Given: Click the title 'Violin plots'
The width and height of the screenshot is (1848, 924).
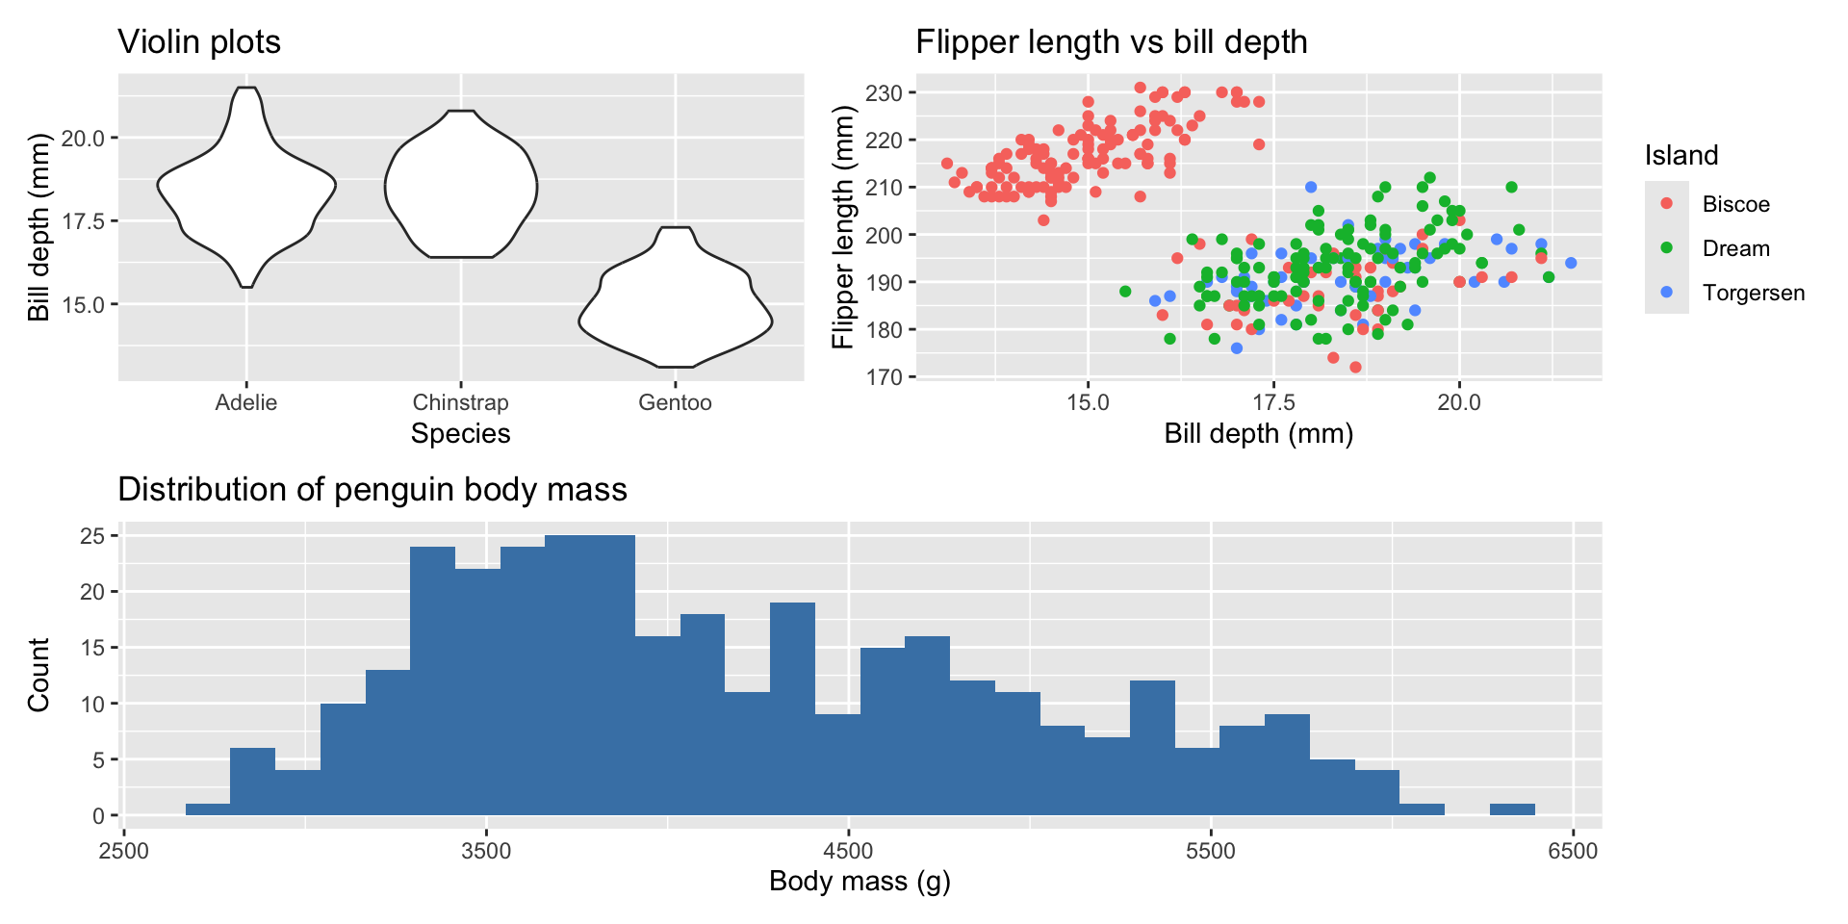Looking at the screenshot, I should [199, 42].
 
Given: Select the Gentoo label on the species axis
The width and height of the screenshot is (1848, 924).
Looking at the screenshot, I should [675, 402].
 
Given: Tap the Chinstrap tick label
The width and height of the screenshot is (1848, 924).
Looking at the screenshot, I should [460, 402].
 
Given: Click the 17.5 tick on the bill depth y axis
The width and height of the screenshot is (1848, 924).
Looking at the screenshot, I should [83, 221].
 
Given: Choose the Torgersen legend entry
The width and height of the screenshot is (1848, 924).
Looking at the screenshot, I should [1753, 293].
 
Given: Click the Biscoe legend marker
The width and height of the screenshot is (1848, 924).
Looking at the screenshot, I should [1667, 204].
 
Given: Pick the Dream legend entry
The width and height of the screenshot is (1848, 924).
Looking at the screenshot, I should [1735, 248].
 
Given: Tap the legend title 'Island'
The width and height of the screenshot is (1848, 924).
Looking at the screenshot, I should [1681, 156].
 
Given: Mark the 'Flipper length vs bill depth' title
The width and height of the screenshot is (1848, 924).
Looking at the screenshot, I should [1111, 42].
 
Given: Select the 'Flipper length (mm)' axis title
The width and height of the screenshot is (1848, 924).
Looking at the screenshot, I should [843, 227].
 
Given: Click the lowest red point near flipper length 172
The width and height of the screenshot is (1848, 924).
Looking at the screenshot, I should [1355, 367].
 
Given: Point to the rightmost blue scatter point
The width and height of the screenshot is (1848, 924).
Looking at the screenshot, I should [1571, 263].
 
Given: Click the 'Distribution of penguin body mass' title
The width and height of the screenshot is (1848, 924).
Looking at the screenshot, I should [372, 490].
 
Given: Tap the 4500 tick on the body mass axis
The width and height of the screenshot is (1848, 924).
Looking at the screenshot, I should [848, 851].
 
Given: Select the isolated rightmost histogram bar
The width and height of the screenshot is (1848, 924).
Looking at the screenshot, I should [1512, 809].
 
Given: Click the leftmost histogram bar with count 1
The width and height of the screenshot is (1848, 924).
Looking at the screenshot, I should [208, 809].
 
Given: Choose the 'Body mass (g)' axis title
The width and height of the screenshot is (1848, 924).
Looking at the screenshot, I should [860, 881].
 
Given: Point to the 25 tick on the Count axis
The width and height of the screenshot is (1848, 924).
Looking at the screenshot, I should [92, 536].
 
